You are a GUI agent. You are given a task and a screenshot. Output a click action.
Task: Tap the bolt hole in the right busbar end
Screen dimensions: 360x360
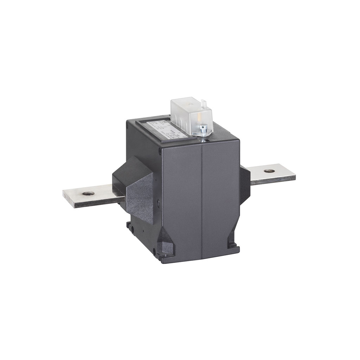pos(270,171)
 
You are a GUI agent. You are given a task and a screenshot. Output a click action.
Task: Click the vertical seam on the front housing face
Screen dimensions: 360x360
pos(201,197)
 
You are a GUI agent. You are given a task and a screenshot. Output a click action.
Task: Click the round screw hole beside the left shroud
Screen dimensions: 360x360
pos(158,202)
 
